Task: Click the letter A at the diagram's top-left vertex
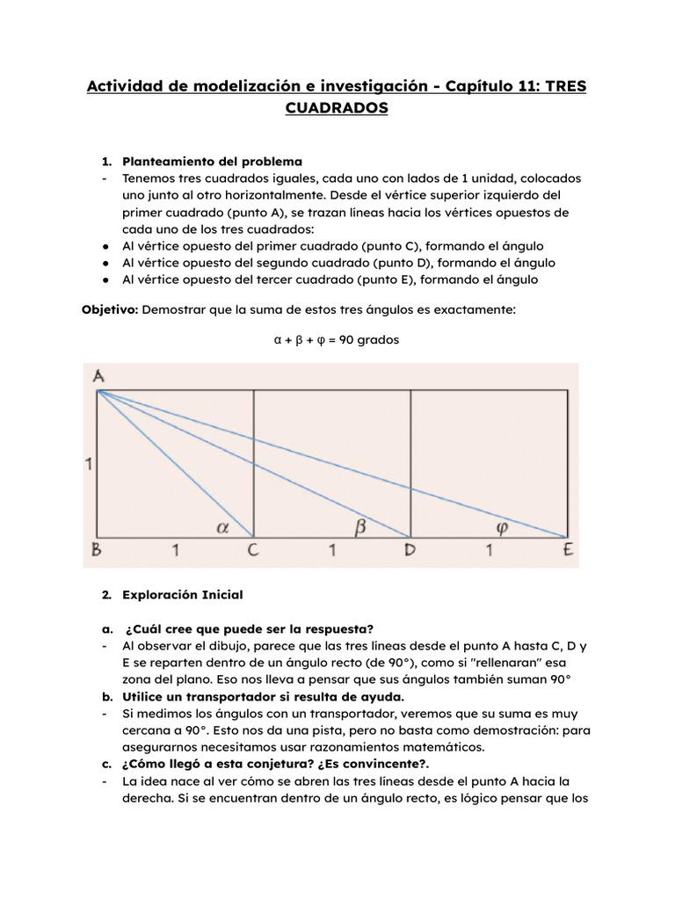click(98, 376)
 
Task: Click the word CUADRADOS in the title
click(336, 109)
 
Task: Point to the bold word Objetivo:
click(109, 309)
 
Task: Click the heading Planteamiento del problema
click(212, 162)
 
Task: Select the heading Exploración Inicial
click(182, 595)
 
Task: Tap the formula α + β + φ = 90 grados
click(337, 339)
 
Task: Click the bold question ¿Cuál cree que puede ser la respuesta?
click(250, 628)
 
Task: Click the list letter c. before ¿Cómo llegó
click(105, 763)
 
